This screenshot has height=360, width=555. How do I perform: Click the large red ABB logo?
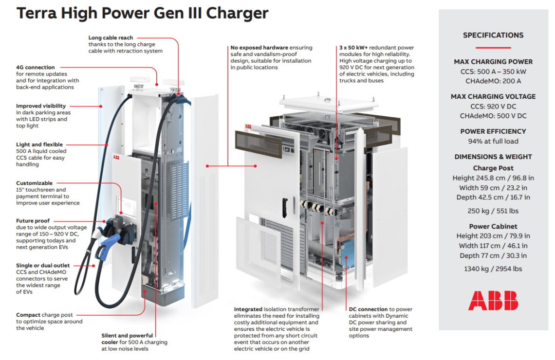[x=493, y=300]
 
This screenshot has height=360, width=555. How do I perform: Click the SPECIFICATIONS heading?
[x=493, y=35]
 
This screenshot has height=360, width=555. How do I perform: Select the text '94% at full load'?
[x=493, y=141]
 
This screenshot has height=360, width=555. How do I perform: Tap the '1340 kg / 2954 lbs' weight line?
[x=493, y=269]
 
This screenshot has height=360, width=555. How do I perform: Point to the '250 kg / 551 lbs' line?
[x=493, y=211]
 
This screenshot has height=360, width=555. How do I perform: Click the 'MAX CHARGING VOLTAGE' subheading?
[x=493, y=96]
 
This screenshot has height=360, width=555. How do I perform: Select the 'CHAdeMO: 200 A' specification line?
[x=493, y=81]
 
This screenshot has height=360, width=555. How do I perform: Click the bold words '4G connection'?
[x=36, y=67]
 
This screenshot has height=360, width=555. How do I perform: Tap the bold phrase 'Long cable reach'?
[x=111, y=37]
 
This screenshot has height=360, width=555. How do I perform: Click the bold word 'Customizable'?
[x=34, y=183]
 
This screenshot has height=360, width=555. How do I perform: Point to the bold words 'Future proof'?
[x=33, y=221]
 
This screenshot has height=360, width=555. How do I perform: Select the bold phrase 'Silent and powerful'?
[x=127, y=335]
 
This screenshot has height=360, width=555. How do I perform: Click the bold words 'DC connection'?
[x=368, y=309]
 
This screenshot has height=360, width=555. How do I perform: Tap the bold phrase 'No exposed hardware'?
[x=259, y=48]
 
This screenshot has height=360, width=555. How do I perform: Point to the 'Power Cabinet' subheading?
[x=493, y=226]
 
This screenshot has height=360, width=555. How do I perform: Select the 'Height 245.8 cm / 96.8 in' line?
[x=493, y=178]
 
